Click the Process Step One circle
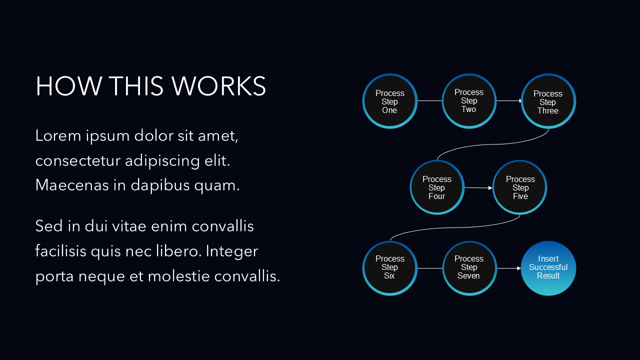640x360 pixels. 389,101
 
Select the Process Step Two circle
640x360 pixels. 469,100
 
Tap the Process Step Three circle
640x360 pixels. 548,101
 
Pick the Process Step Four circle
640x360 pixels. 437,187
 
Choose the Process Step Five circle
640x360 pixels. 520,187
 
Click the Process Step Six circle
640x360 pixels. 389,267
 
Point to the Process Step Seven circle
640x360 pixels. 469,267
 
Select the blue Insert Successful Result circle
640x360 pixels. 548,267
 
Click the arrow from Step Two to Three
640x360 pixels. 508,101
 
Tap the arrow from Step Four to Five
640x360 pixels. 478,188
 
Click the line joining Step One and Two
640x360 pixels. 429,101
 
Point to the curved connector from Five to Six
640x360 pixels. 455,228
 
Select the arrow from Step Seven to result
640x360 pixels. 508,268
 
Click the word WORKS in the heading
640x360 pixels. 219,86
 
